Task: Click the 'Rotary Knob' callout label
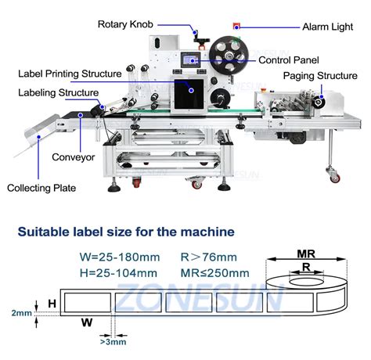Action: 129,24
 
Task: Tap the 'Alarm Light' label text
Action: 333,27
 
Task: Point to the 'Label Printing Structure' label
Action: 70,74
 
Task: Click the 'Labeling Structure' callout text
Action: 53,93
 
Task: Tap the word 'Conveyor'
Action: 74,157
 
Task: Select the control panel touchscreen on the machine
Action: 188,60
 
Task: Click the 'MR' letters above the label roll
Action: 306,254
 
